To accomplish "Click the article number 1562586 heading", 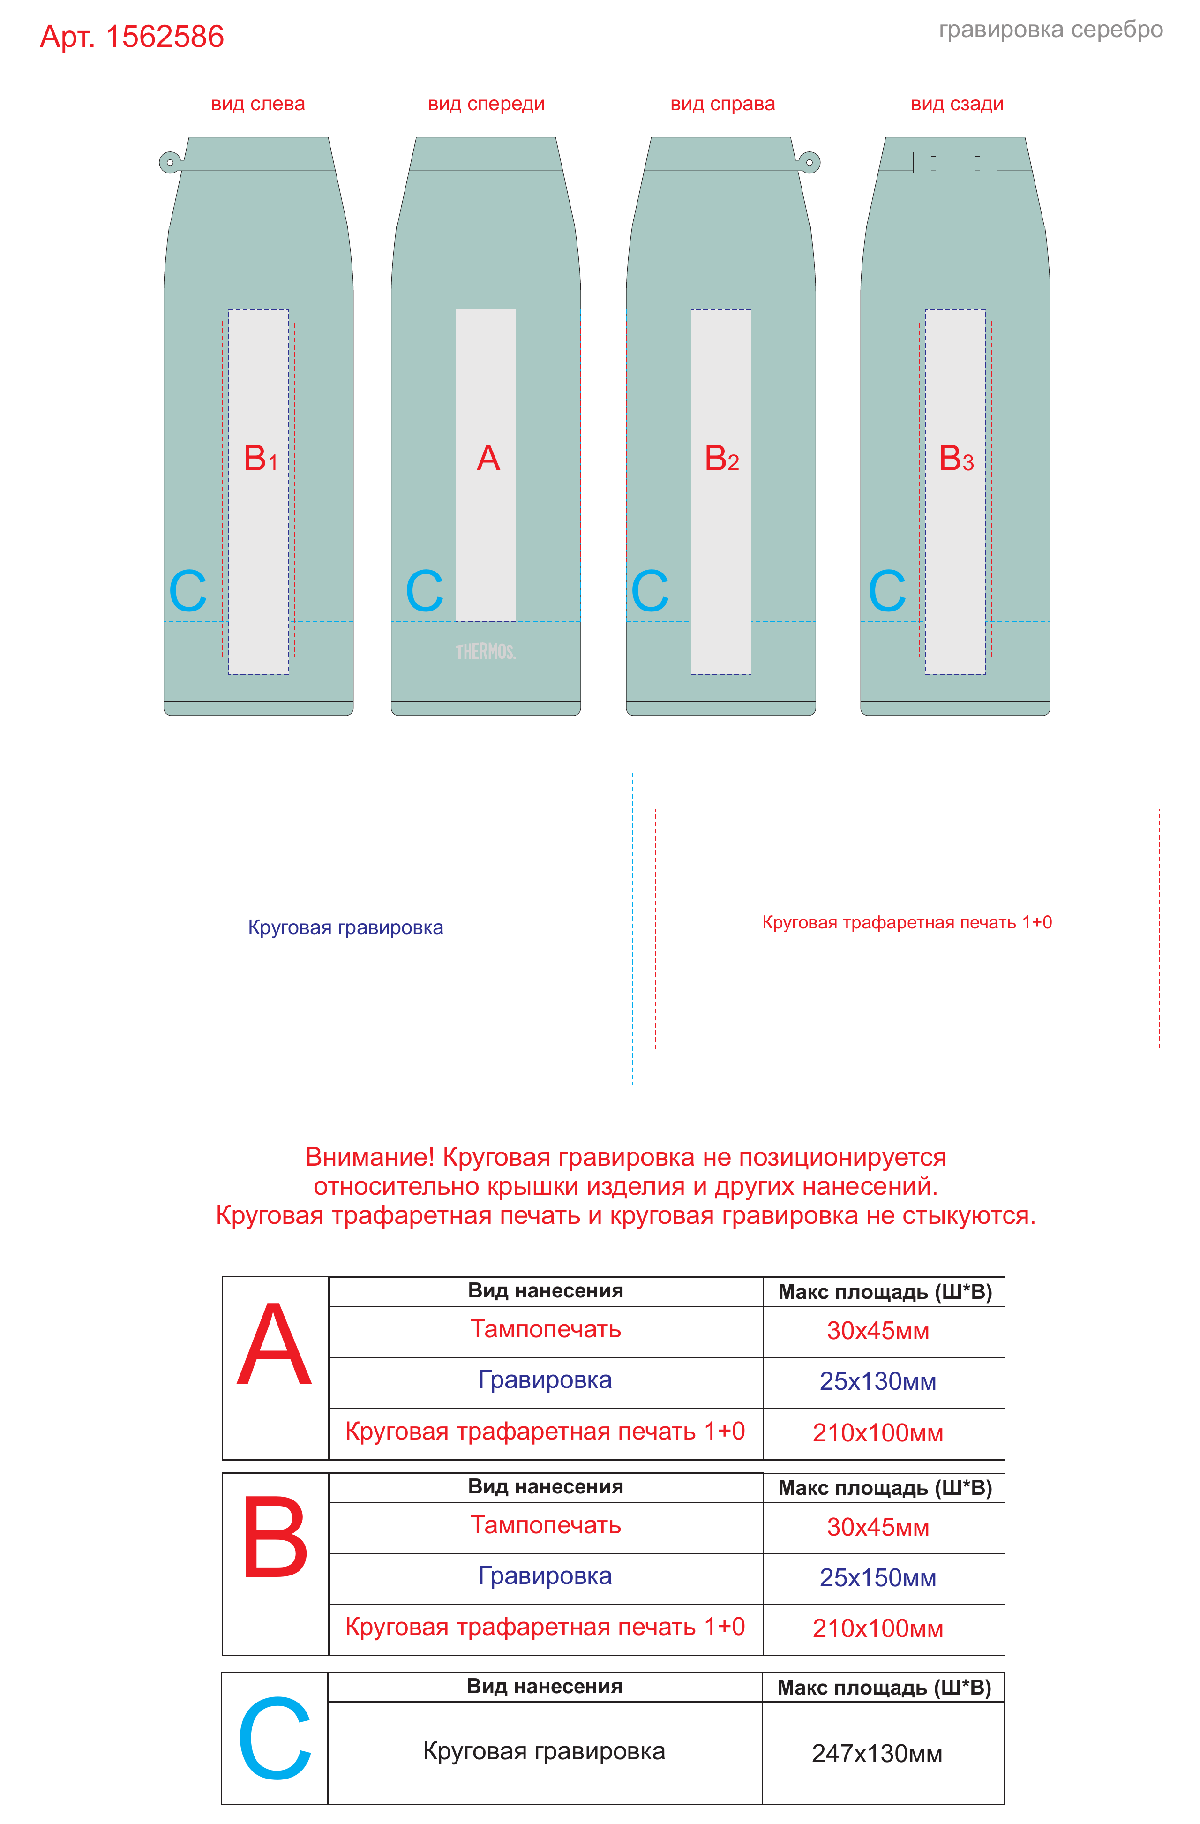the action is pos(132,37).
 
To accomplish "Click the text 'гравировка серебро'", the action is pos(1050,30).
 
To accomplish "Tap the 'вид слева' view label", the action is pos(258,104).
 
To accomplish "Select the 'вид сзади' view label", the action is pos(957,104).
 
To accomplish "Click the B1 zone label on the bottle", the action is pos(261,458).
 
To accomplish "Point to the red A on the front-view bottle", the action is pos(488,458).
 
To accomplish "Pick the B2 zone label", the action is pos(722,458).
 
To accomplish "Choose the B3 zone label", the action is pos(956,458).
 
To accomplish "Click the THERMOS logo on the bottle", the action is pos(486,651).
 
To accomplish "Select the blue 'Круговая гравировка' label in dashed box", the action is pos(345,928).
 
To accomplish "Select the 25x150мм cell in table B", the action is pos(878,1577).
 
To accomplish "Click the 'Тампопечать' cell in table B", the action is pos(546,1525).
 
